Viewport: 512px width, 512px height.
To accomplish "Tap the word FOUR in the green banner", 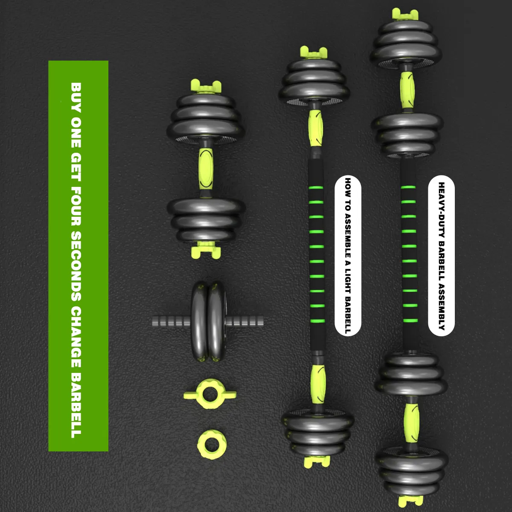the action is [76, 206].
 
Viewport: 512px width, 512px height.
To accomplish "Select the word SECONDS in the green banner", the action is [76, 266].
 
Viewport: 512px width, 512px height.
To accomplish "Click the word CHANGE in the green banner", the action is [76, 337].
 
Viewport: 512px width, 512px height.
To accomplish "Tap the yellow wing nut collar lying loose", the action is [210, 394].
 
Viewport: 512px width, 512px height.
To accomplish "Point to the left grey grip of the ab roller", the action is [172, 321].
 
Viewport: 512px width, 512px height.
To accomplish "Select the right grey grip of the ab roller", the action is [244, 321].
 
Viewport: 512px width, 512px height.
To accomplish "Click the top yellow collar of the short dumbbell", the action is [206, 87].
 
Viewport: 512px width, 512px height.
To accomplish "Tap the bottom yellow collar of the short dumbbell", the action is [206, 250].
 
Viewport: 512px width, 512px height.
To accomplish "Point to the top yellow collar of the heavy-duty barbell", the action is [405, 15].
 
